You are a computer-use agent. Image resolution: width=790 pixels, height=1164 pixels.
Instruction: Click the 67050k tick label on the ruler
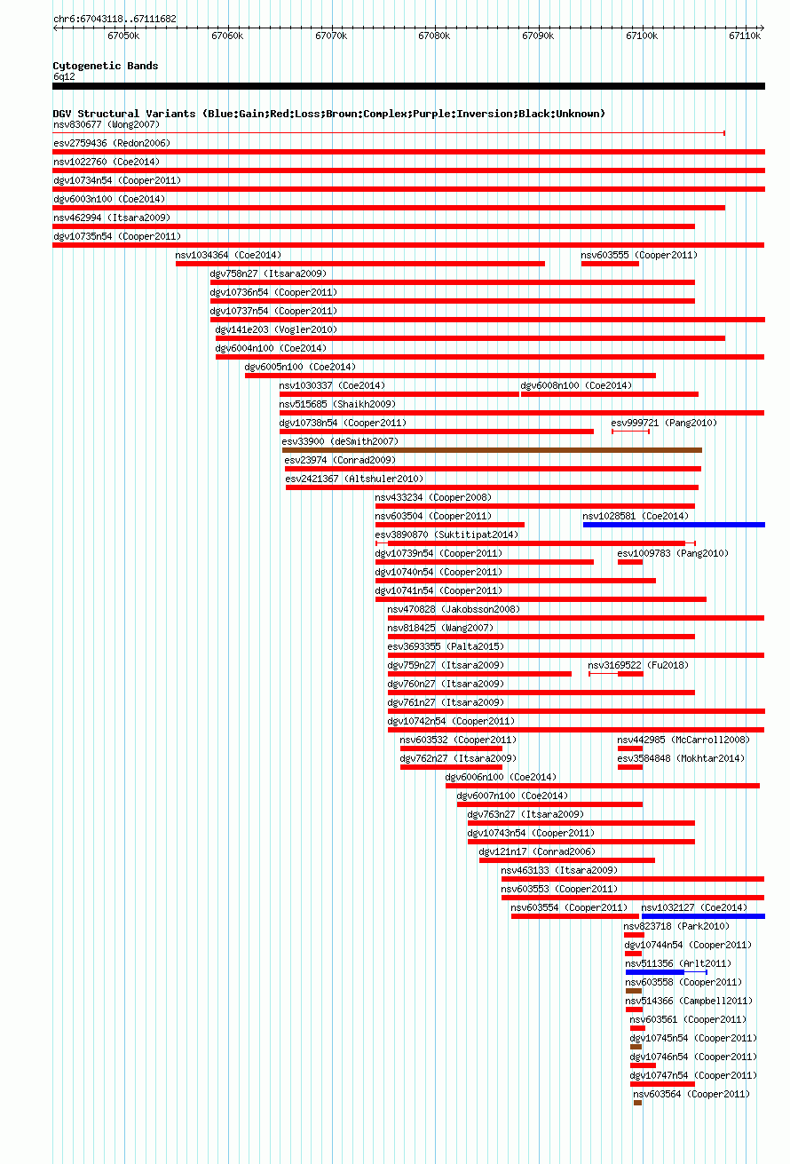(x=123, y=36)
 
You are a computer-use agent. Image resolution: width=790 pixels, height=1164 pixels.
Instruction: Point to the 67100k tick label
(x=642, y=36)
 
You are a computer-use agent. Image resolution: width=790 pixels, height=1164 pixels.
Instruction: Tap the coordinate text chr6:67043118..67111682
(x=115, y=20)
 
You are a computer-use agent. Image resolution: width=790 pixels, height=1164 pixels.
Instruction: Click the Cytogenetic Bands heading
(x=106, y=66)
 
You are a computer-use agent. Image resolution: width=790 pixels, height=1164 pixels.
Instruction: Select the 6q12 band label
(x=64, y=76)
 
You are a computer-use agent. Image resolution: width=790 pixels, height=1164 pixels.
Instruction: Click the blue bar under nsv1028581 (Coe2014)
(x=674, y=525)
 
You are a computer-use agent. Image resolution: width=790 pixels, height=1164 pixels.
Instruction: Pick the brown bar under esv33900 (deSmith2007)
(x=492, y=450)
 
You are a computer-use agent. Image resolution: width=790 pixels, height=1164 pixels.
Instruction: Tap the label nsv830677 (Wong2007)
(x=107, y=124)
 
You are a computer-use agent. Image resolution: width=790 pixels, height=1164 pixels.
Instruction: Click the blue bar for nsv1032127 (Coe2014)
(x=703, y=916)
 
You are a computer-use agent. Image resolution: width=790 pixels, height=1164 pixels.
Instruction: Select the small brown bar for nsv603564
(x=638, y=1103)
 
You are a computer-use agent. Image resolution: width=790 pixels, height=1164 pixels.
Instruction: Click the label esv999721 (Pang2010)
(x=664, y=423)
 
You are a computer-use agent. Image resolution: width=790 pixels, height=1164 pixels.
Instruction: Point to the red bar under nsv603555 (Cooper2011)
(x=610, y=264)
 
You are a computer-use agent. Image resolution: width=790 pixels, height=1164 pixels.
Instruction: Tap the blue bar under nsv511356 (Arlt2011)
(x=655, y=971)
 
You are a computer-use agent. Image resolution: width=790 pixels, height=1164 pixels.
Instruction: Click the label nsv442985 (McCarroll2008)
(x=683, y=740)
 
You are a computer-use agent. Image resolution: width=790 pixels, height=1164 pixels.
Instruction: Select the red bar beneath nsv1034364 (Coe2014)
(x=360, y=264)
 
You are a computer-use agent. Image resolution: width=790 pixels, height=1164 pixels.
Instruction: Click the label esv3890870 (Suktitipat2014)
(x=446, y=534)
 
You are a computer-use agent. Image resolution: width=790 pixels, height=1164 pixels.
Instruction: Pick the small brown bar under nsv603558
(x=634, y=991)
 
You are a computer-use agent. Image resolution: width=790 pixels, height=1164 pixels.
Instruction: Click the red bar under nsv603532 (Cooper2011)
(x=451, y=748)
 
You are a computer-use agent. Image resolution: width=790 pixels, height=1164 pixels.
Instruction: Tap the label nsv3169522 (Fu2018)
(x=638, y=665)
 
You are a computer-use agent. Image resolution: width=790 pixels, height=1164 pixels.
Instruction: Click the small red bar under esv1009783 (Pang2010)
(x=630, y=562)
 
